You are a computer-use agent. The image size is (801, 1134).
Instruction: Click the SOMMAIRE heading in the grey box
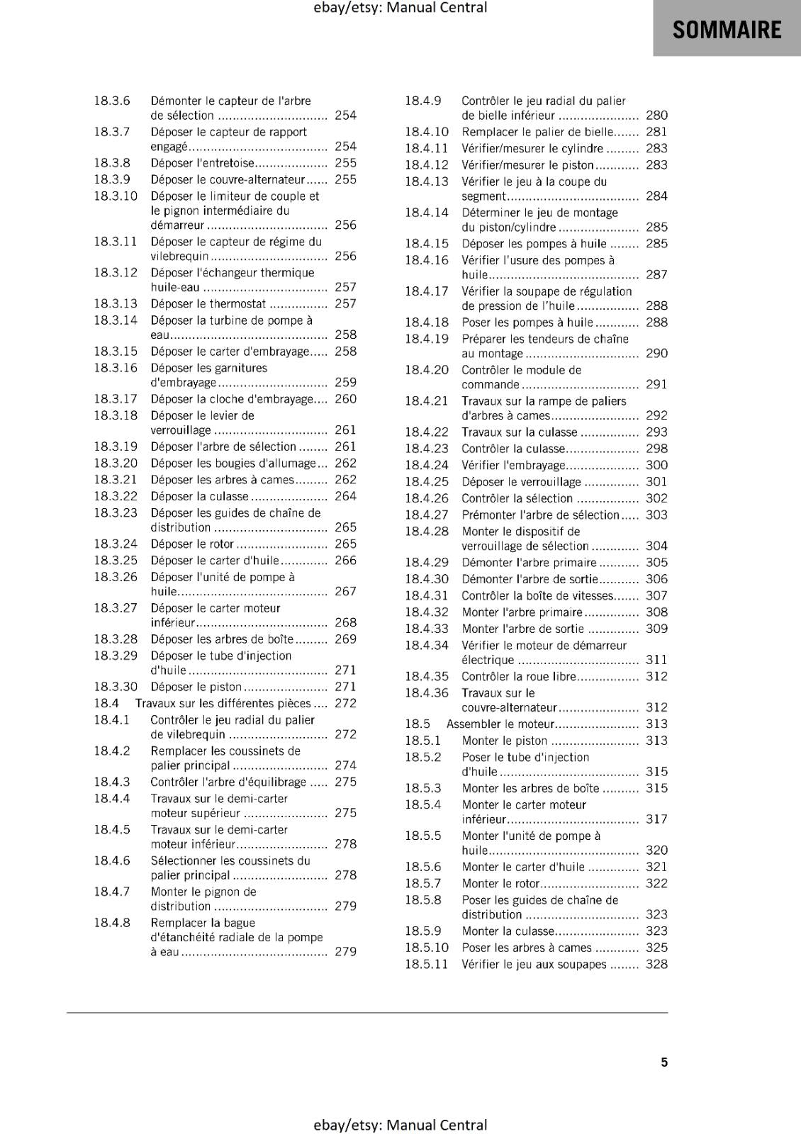(x=727, y=30)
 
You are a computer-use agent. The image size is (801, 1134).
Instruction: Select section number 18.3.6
(x=112, y=101)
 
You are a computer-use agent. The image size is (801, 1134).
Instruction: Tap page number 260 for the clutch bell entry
(x=345, y=399)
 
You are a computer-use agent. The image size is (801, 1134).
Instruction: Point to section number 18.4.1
(x=112, y=720)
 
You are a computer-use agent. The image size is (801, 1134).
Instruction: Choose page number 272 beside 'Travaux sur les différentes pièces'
(x=345, y=703)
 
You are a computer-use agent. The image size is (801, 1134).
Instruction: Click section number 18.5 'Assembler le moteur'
(x=418, y=724)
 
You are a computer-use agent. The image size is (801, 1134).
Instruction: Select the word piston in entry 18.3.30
(x=225, y=687)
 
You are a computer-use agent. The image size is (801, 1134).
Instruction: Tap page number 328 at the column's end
(x=656, y=964)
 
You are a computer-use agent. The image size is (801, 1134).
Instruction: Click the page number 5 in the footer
(x=664, y=1062)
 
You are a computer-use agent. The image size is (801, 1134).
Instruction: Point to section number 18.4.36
(x=427, y=693)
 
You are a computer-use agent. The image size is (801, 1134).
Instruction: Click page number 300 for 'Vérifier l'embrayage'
(x=656, y=465)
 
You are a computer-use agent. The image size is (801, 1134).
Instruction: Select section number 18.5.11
(x=427, y=964)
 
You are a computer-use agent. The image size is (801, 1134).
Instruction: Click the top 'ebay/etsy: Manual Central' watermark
(x=400, y=8)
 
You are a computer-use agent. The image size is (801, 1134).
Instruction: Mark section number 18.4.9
(x=423, y=101)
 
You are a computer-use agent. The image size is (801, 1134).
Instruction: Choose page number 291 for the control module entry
(x=656, y=385)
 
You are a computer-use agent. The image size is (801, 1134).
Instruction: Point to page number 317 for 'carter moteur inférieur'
(x=656, y=819)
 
